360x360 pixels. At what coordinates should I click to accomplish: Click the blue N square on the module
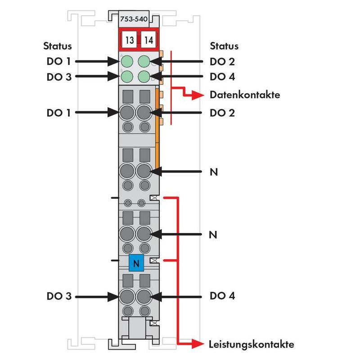136,263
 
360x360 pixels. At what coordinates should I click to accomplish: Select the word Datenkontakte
245,95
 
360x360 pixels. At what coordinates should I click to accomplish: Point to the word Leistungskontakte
252,345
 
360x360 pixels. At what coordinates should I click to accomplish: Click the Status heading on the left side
57,46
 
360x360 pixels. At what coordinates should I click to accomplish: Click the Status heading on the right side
224,46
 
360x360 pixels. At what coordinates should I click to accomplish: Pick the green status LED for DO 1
127,61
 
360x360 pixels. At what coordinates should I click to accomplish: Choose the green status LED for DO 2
144,61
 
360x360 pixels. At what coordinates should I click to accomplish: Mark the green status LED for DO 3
127,76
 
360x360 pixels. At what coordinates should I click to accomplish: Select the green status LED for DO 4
144,76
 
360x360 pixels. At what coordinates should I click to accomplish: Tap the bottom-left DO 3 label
59,297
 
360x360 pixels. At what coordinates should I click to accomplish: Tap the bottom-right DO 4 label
222,296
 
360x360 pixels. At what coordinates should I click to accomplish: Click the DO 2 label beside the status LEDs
222,62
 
